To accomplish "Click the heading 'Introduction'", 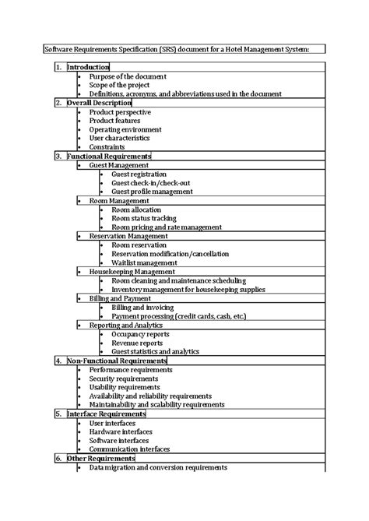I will tap(87, 67).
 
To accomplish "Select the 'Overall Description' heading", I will tap(99, 102).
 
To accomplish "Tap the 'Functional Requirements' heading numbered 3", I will tap(108, 156).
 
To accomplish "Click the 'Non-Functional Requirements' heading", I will tap(117, 361).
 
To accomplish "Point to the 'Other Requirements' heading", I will tap(101, 458).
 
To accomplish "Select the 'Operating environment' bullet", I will tap(125, 129).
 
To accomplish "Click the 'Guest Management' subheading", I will tap(118, 165).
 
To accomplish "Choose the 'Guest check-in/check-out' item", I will tap(151, 182).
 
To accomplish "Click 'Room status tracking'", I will tap(143, 218).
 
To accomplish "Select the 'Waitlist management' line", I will tap(145, 262).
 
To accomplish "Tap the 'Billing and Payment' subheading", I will tap(120, 297).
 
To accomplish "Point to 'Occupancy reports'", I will tap(140, 333).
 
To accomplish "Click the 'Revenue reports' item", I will tap(137, 342).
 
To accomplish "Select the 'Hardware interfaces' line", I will tap(121, 431).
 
